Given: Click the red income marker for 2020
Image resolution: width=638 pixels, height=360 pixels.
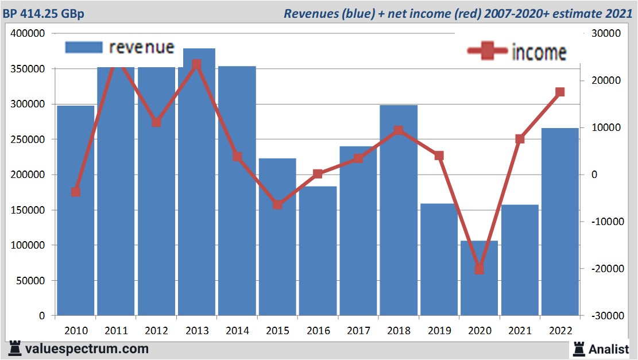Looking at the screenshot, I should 480,269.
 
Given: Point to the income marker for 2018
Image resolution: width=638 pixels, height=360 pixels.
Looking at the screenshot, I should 399,130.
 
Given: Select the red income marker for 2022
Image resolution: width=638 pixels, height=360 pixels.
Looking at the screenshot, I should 560,92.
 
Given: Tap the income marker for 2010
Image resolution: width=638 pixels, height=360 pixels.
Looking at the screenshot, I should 76,192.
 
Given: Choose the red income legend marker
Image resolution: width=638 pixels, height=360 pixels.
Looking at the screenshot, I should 488,52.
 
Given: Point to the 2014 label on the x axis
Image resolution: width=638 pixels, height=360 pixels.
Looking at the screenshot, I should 237,331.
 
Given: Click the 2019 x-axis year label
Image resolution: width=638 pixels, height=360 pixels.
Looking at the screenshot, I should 439,331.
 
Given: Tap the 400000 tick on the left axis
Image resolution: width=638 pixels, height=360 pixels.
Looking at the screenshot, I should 28,34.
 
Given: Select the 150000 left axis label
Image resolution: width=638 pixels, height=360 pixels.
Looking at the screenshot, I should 28,210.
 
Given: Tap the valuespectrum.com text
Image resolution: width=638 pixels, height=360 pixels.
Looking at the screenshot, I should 86,349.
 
